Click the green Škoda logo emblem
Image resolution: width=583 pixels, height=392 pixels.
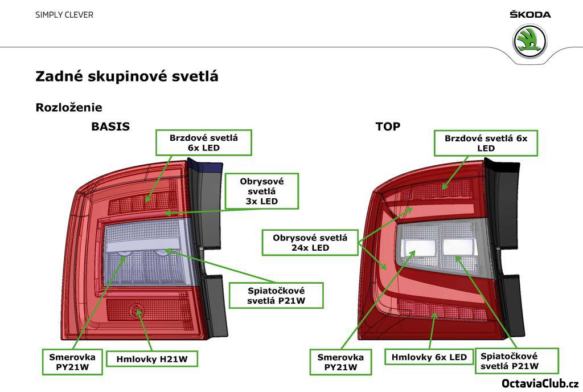tap(529, 41)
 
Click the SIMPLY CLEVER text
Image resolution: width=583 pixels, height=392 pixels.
tap(64, 15)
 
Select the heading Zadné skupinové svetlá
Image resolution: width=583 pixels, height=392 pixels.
tap(127, 76)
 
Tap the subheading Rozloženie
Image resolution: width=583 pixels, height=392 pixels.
tap(69, 107)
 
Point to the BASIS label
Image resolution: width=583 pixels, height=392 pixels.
tap(110, 126)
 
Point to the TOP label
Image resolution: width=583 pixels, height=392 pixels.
tap(388, 126)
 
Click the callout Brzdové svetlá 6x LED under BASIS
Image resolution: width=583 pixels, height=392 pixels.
tap(204, 142)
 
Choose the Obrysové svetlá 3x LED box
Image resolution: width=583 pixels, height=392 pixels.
tap(261, 191)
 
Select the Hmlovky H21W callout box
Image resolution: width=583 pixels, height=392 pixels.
tap(152, 359)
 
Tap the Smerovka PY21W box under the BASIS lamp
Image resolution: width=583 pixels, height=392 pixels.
tap(72, 362)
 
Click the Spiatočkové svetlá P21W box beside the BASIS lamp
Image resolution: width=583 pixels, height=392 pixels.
tap(276, 296)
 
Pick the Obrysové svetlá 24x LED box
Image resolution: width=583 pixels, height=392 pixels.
tap(310, 242)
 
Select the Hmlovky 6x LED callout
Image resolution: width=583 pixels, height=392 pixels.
tap(429, 357)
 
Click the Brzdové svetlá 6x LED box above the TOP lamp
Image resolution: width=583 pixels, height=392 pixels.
tap(486, 142)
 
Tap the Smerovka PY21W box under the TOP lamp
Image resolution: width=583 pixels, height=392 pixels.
tap(340, 362)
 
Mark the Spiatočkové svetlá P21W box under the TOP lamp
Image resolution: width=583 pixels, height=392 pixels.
tap(516, 361)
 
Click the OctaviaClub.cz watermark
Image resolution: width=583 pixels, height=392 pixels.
tap(540, 383)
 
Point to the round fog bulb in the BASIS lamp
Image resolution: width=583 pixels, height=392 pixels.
tap(137, 311)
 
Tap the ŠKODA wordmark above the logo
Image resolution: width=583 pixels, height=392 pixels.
tap(530, 14)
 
